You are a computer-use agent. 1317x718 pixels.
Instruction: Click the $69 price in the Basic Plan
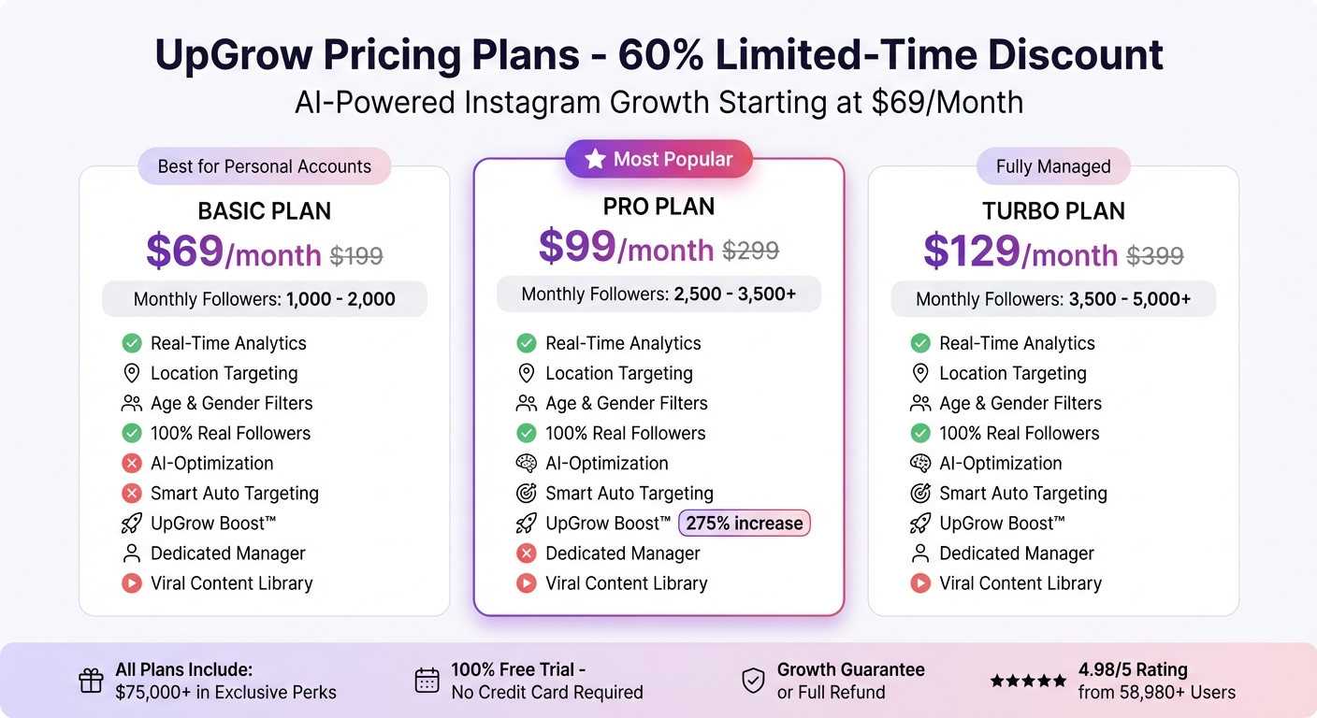[x=184, y=252]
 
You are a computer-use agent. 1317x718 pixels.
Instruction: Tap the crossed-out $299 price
[x=750, y=251]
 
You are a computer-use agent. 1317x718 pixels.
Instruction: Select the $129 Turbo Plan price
[x=971, y=252]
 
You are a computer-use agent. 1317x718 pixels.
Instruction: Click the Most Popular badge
[x=658, y=160]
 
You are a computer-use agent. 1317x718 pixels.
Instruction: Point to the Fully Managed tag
[x=1053, y=166]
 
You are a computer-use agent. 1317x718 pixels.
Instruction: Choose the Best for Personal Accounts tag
[x=264, y=166]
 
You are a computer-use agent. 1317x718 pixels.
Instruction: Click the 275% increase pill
[x=745, y=524]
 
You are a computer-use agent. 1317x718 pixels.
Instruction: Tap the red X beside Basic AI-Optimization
[x=132, y=464]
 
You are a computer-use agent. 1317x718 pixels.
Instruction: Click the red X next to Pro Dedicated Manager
[x=527, y=553]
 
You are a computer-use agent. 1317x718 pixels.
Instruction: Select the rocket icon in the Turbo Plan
[x=920, y=524]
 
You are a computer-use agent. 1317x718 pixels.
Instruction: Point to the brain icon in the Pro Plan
[x=527, y=464]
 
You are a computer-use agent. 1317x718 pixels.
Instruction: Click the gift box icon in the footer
[x=91, y=682]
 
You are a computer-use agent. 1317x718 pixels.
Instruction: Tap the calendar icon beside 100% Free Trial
[x=427, y=682]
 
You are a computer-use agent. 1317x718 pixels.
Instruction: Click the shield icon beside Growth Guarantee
[x=753, y=682]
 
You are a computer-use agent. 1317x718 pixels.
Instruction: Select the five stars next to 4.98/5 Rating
[x=1028, y=682]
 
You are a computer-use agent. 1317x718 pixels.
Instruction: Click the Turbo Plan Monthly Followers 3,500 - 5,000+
[x=1053, y=300]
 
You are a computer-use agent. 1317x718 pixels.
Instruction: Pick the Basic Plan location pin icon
[x=132, y=374]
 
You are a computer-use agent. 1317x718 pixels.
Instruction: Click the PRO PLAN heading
[x=658, y=207]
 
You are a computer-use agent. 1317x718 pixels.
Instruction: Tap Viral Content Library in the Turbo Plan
[x=1020, y=583]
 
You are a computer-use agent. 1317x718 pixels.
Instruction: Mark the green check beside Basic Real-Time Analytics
[x=132, y=344]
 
